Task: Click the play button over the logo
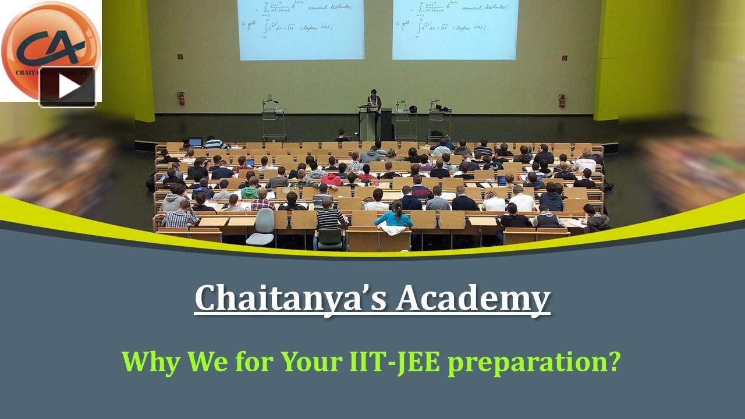click(68, 87)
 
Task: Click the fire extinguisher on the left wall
click(181, 98)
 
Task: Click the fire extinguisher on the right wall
click(562, 101)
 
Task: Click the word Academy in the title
click(473, 299)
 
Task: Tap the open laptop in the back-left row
click(196, 142)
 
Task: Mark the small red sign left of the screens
click(180, 57)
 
